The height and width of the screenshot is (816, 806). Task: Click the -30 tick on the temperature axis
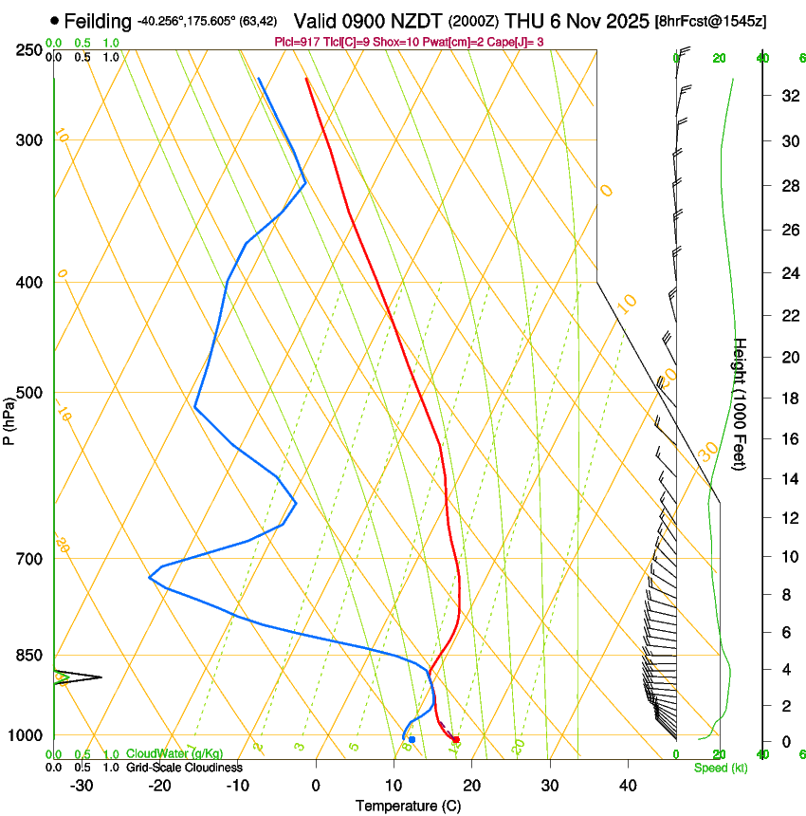click(x=82, y=786)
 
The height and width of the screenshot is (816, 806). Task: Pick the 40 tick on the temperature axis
click(x=628, y=786)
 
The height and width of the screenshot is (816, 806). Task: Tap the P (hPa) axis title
click(x=9, y=418)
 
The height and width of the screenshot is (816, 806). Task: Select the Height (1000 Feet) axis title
click(x=741, y=404)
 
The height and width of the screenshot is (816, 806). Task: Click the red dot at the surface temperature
click(x=456, y=739)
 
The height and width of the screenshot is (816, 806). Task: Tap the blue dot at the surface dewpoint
click(x=412, y=739)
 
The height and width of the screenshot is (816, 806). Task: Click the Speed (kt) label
click(x=721, y=768)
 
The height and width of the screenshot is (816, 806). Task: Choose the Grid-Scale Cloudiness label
click(x=184, y=768)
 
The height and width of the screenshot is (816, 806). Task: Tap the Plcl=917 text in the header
click(x=294, y=43)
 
